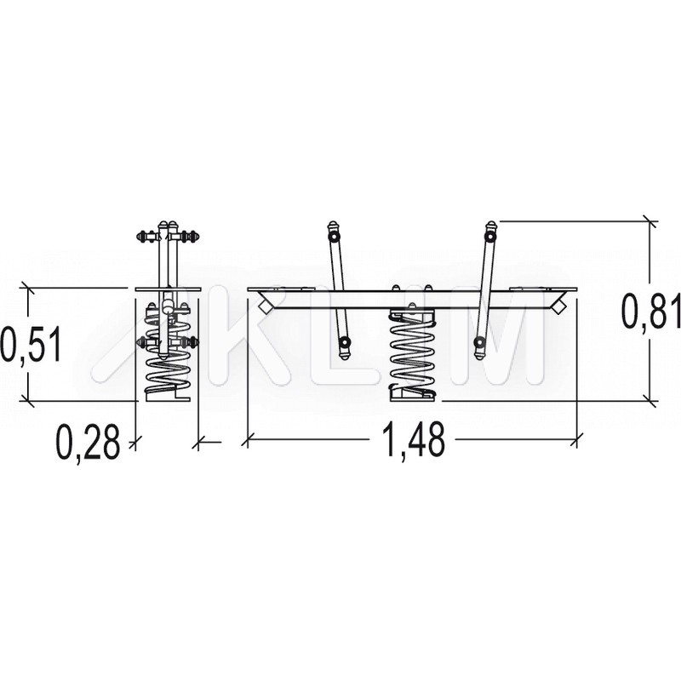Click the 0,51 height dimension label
coord(31,345)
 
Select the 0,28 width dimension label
coord(89,443)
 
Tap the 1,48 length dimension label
coord(414,440)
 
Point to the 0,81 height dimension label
coord(651,311)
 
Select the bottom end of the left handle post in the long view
coord(345,354)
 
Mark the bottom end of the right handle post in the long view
coord(479,354)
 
